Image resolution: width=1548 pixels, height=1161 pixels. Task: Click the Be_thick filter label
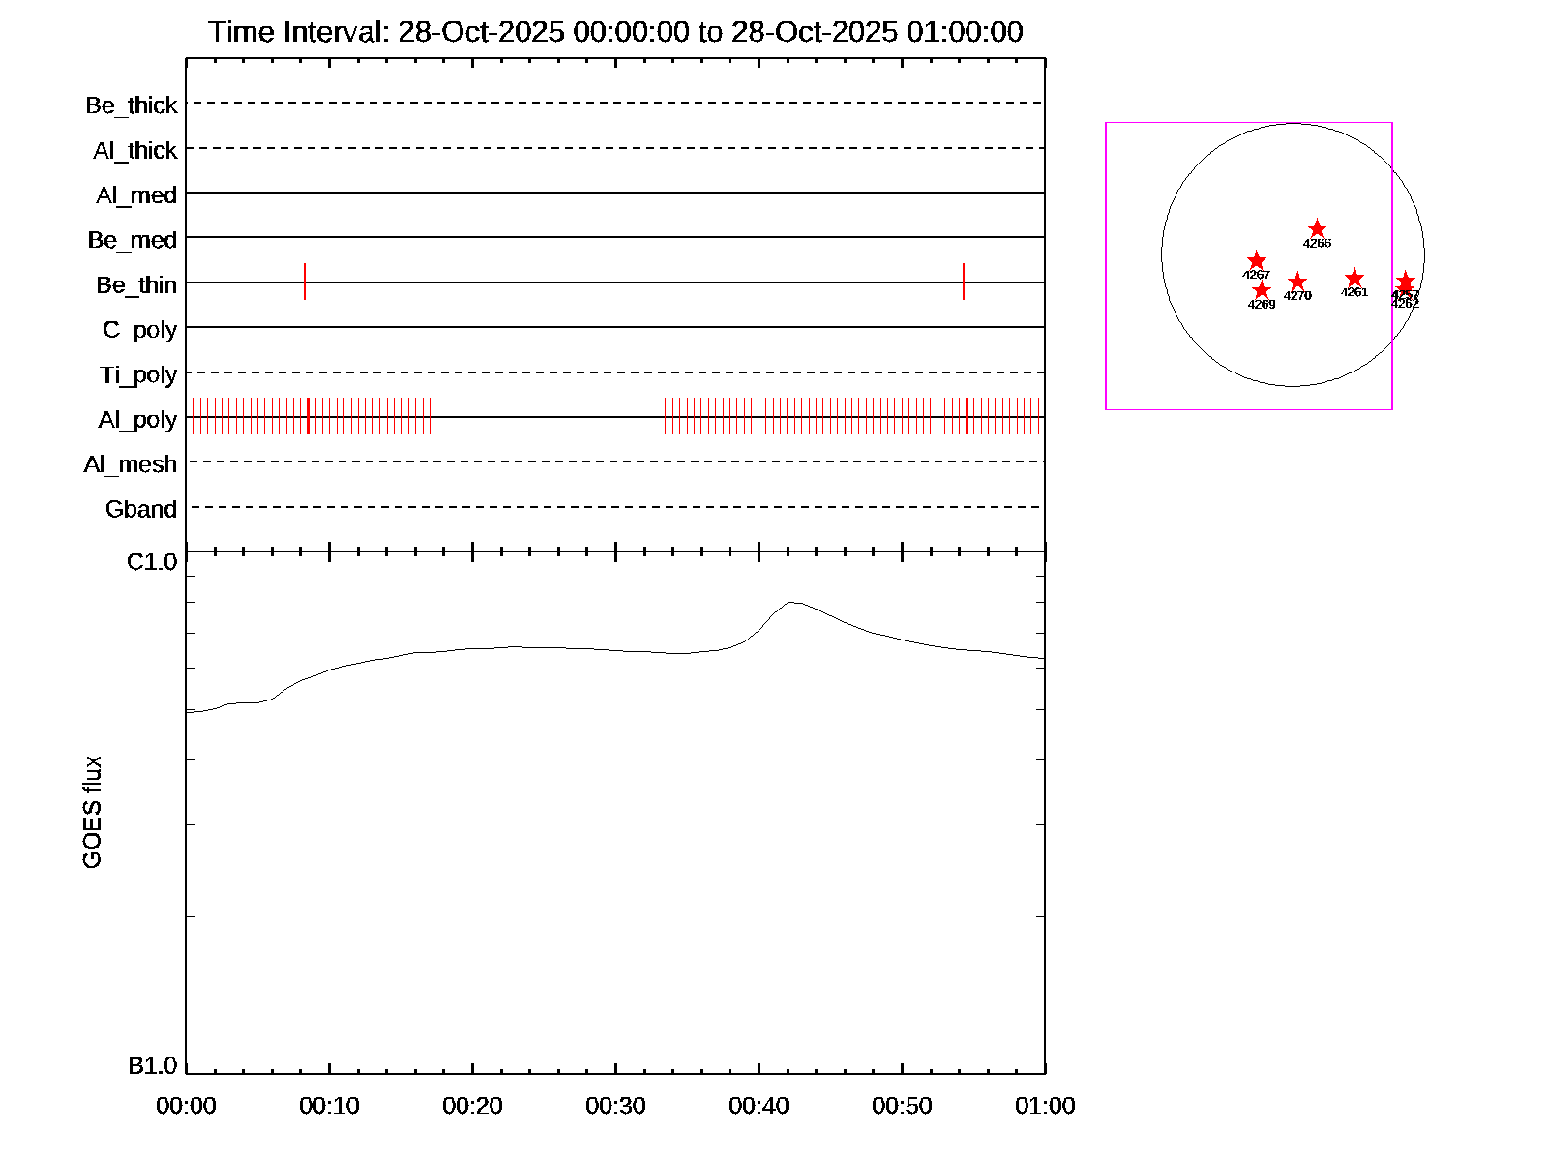132,105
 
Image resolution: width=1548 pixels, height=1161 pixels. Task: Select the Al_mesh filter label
131,464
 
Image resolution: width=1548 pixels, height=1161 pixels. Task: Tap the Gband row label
141,510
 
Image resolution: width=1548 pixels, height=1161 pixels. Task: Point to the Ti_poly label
138,374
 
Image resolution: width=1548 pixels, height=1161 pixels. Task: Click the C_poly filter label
140,330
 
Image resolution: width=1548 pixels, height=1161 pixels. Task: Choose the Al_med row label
136,195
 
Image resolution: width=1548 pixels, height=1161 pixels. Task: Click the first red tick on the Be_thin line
305,282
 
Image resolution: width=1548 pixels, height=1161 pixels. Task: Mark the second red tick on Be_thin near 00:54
964,282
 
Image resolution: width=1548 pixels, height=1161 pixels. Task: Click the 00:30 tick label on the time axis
615,1106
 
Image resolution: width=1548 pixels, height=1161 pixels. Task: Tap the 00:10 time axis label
329,1106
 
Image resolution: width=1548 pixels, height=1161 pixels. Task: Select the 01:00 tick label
1045,1106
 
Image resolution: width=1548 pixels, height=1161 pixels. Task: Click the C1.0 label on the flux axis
153,562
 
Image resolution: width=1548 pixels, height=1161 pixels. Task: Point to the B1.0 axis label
153,1066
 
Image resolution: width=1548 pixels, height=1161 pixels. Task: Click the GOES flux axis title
93,813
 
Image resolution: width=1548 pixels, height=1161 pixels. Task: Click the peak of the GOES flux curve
791,602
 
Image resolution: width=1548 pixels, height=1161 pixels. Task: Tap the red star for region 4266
1317,229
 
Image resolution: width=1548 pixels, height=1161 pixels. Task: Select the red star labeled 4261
1354,279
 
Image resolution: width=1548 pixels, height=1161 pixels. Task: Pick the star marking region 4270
1297,283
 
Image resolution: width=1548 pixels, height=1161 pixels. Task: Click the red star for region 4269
1262,290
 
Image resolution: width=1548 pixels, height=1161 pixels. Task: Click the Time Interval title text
615,32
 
